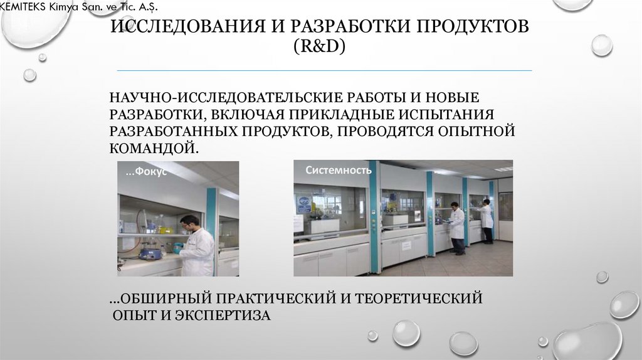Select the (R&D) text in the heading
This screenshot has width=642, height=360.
coord(320,48)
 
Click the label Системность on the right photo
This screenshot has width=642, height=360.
coord(339,170)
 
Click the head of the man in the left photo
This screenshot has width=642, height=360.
coord(189,221)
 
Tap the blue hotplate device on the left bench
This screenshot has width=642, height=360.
coord(150,253)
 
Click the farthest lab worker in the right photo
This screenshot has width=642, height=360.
coord(487,221)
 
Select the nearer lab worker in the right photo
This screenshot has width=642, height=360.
coord(457,227)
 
